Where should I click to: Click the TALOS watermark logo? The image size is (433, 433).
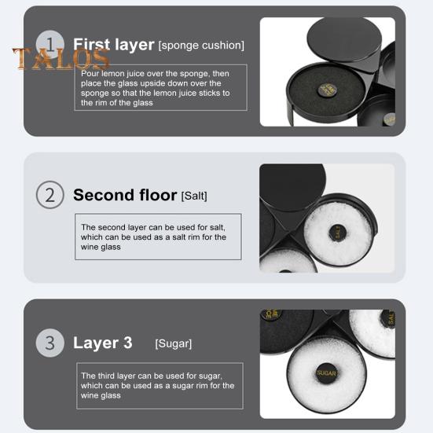point(61,59)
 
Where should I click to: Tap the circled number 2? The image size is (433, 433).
point(50,195)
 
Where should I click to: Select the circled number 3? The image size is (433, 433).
point(50,343)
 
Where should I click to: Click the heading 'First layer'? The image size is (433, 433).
point(113,45)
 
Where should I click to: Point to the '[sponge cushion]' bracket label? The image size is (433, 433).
point(201,46)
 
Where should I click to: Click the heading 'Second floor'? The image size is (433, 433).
point(125,195)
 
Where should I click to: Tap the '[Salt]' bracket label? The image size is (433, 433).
point(194,196)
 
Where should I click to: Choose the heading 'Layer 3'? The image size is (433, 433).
point(103,343)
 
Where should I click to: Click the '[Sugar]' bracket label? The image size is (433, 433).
point(174,343)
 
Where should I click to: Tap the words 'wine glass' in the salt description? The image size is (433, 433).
point(101,247)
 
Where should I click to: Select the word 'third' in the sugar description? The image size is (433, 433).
point(106,376)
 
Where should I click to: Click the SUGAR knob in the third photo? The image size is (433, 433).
point(326,373)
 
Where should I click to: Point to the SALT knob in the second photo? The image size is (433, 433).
point(338,233)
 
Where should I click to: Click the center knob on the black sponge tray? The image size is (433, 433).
point(328,90)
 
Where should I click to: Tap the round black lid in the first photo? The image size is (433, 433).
point(344,39)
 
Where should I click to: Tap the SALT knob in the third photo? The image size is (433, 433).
point(388,318)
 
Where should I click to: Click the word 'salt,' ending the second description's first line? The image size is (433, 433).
point(218,228)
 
